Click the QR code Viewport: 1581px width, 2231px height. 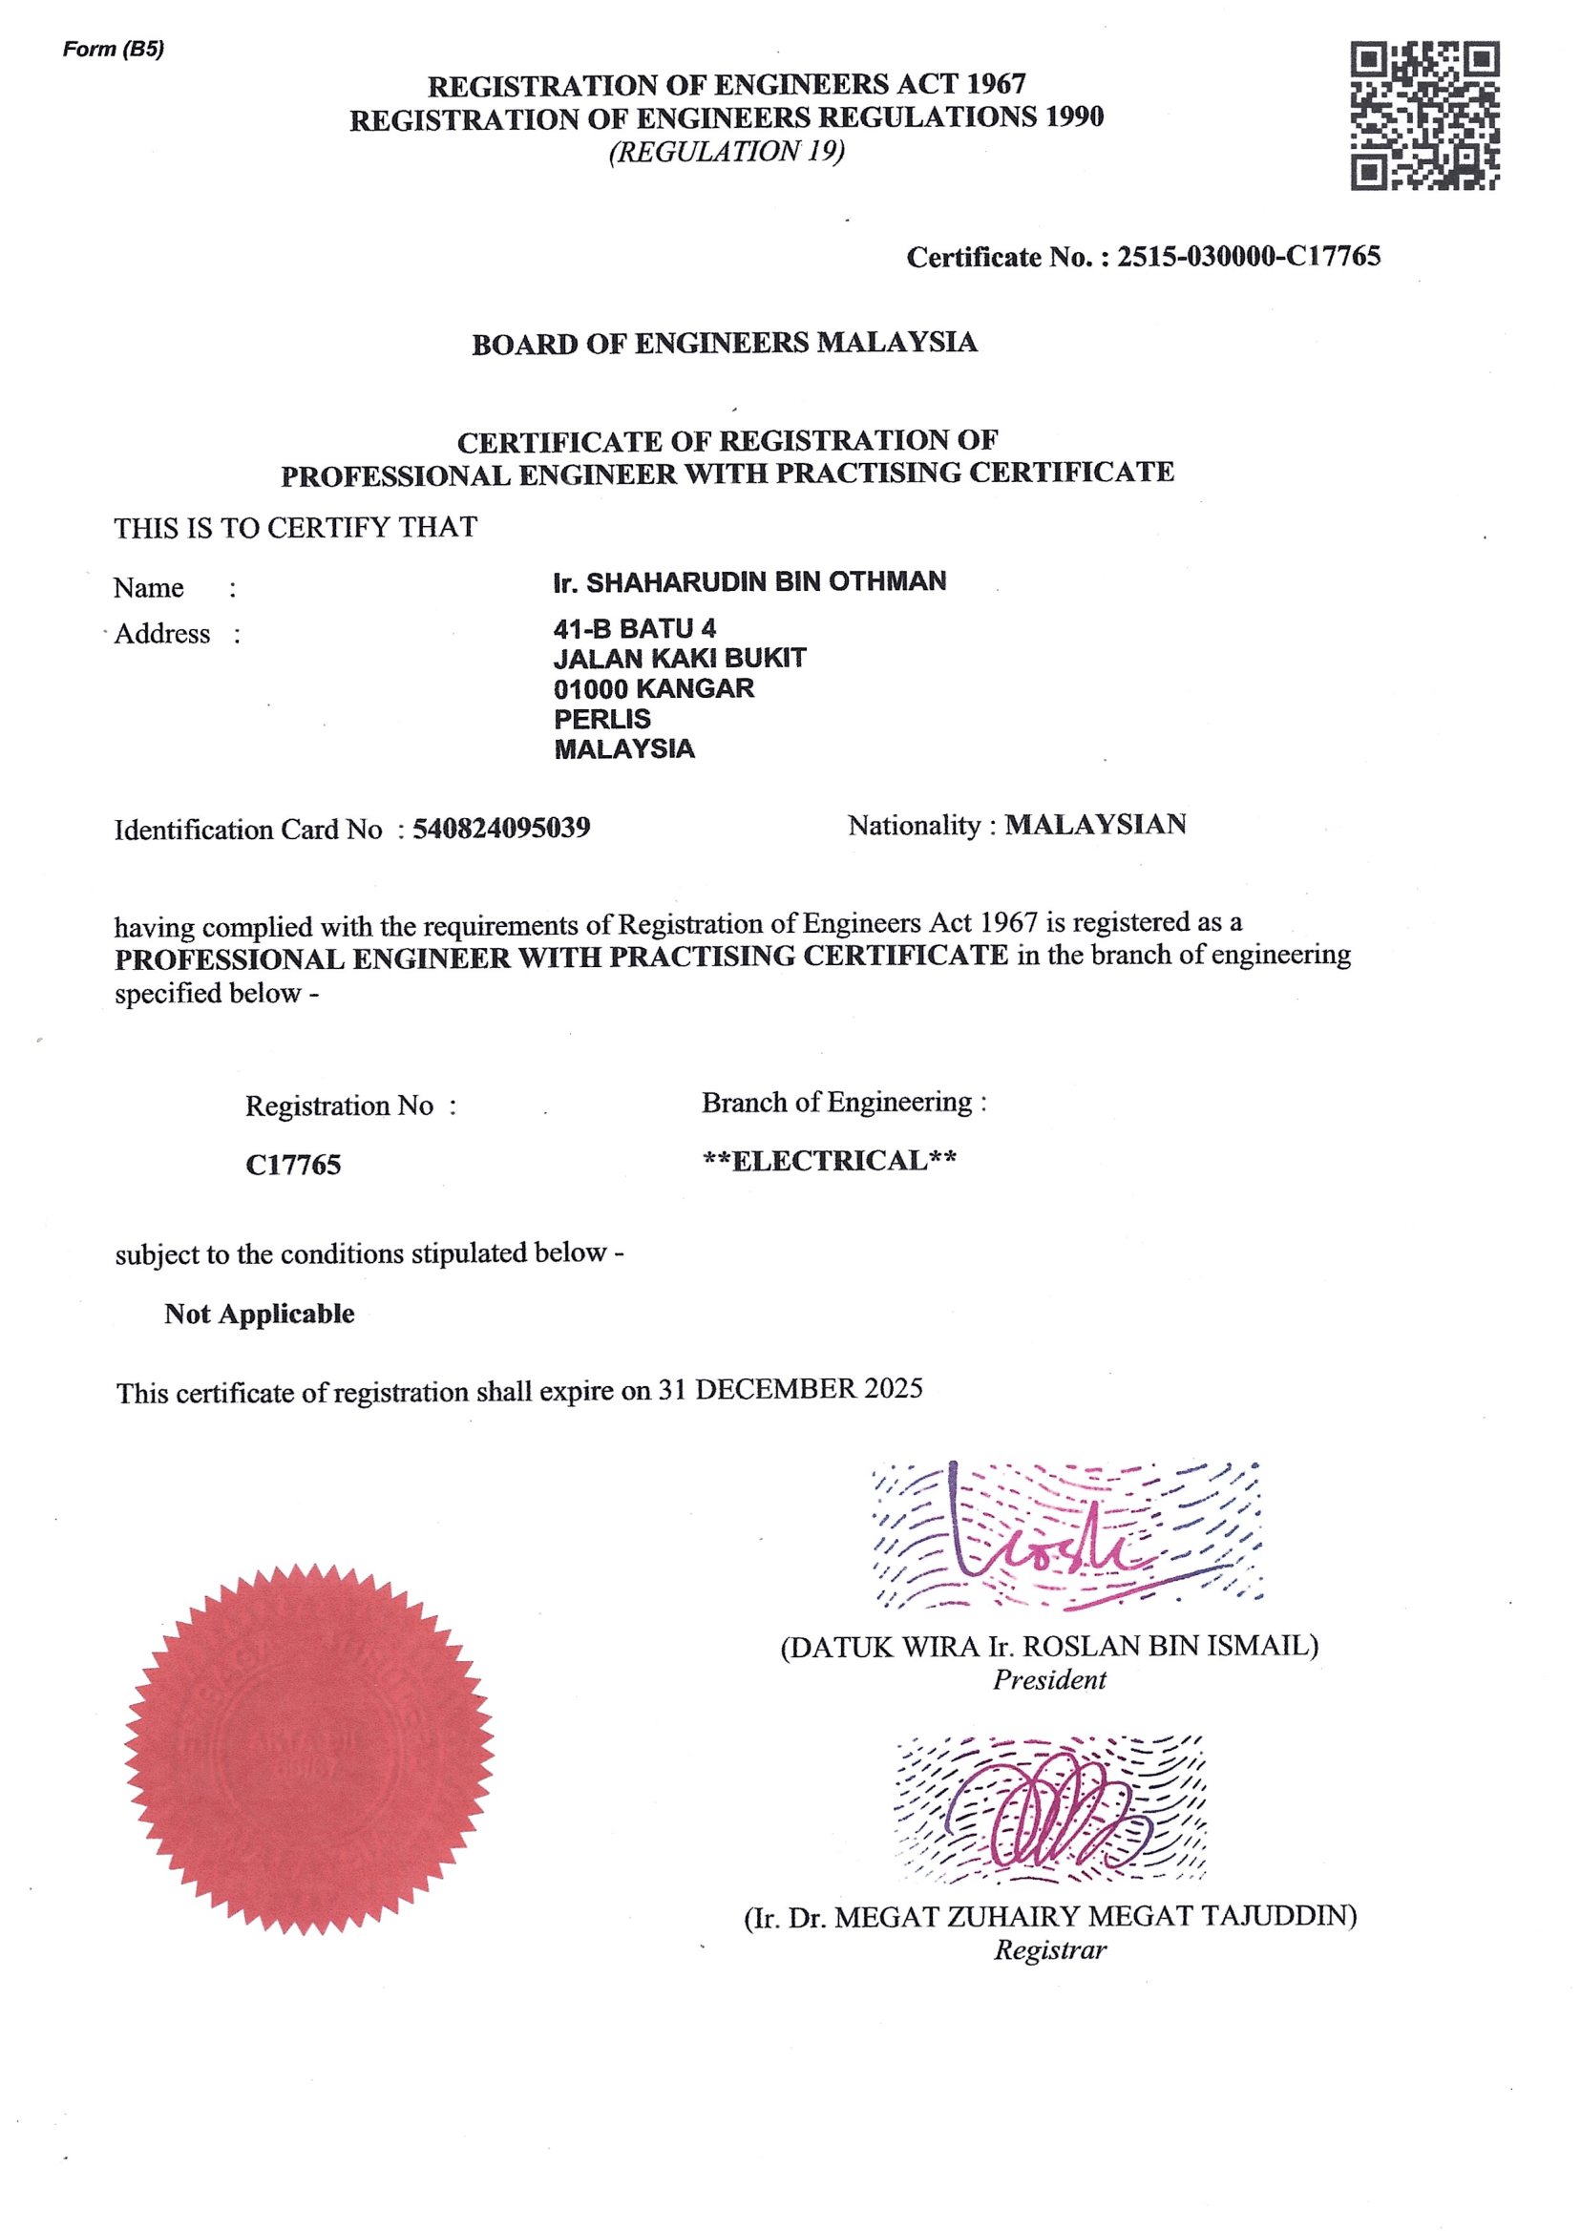(x=1424, y=116)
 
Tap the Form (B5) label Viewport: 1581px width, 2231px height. (x=113, y=49)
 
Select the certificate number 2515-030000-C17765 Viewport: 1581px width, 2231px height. (x=1248, y=256)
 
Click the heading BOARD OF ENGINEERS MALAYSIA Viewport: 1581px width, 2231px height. (x=725, y=343)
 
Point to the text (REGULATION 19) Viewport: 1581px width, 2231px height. (x=727, y=152)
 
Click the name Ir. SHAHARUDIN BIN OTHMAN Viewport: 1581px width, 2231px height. (x=749, y=581)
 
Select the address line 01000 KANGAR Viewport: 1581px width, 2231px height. (x=653, y=688)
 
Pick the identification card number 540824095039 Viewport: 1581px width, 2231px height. (x=501, y=828)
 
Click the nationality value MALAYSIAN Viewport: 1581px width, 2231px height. (x=1095, y=825)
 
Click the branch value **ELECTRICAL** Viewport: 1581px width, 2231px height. (x=830, y=1160)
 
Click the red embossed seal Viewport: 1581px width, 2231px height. (x=309, y=1748)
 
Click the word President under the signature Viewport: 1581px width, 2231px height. (x=1049, y=1679)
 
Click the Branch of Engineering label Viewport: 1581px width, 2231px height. (x=843, y=1102)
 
